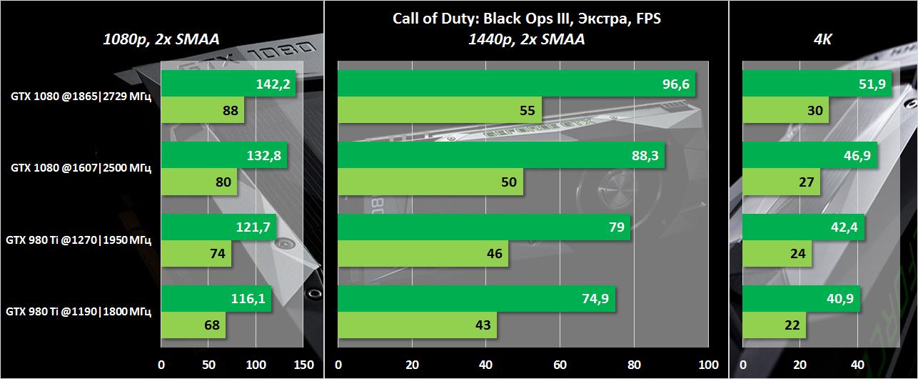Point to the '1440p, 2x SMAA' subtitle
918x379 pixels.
coord(527,40)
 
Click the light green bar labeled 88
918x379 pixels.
coord(203,110)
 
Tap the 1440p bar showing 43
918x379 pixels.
coord(418,325)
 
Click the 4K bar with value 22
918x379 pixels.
coord(775,325)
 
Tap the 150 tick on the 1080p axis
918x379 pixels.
coord(303,365)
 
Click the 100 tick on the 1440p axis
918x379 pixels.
coord(709,365)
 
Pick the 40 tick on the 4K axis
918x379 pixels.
coord(859,365)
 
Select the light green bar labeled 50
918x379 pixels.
coord(430,182)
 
